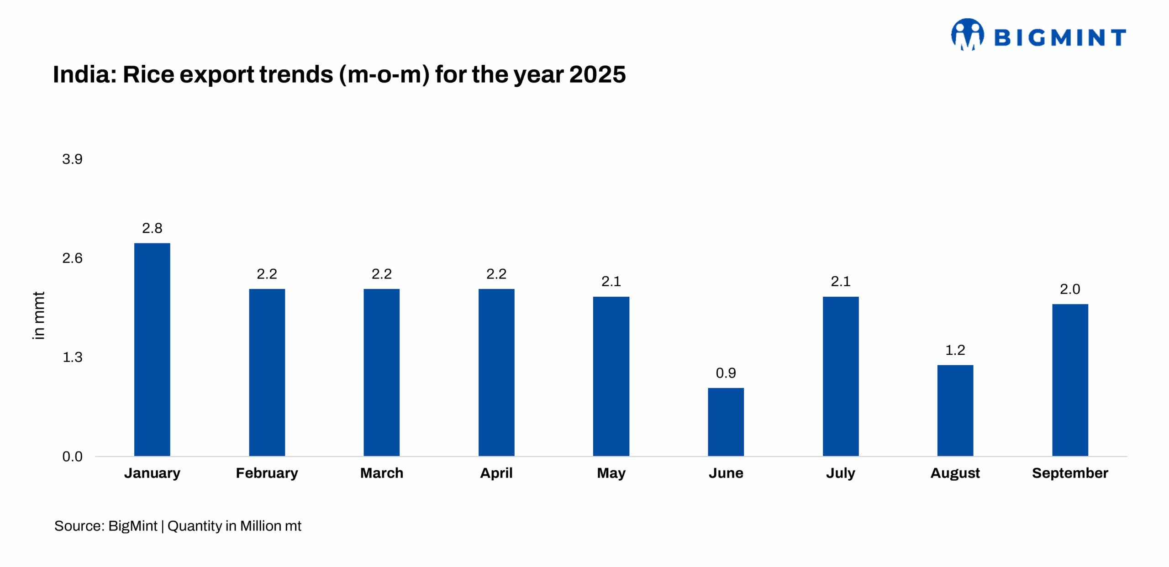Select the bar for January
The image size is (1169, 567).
[152, 349]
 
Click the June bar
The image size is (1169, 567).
[726, 422]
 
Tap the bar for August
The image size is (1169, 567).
[955, 410]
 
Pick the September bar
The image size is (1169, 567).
[1070, 380]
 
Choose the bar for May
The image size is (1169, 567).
[611, 376]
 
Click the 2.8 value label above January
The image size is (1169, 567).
[152, 228]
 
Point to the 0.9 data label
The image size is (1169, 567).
[726, 373]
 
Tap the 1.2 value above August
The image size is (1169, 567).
[955, 350]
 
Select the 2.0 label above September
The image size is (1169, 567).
[1070, 289]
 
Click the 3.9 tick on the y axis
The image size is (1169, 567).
[72, 159]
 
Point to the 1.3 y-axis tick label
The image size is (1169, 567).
[72, 357]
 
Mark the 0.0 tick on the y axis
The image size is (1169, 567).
[72, 456]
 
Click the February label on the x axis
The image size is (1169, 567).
[267, 473]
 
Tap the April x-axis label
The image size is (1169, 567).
[496, 473]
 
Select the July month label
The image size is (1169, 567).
[840, 473]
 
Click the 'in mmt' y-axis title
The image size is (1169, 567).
[39, 315]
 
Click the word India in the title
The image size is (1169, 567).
[84, 74]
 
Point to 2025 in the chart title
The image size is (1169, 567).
[597, 74]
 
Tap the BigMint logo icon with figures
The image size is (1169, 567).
[967, 35]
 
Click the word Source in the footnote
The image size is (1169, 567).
[78, 526]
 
